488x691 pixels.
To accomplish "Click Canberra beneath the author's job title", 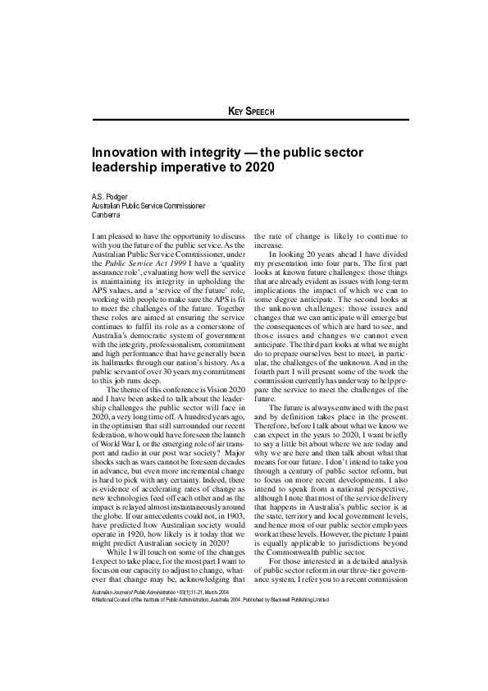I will tap(106, 215).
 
